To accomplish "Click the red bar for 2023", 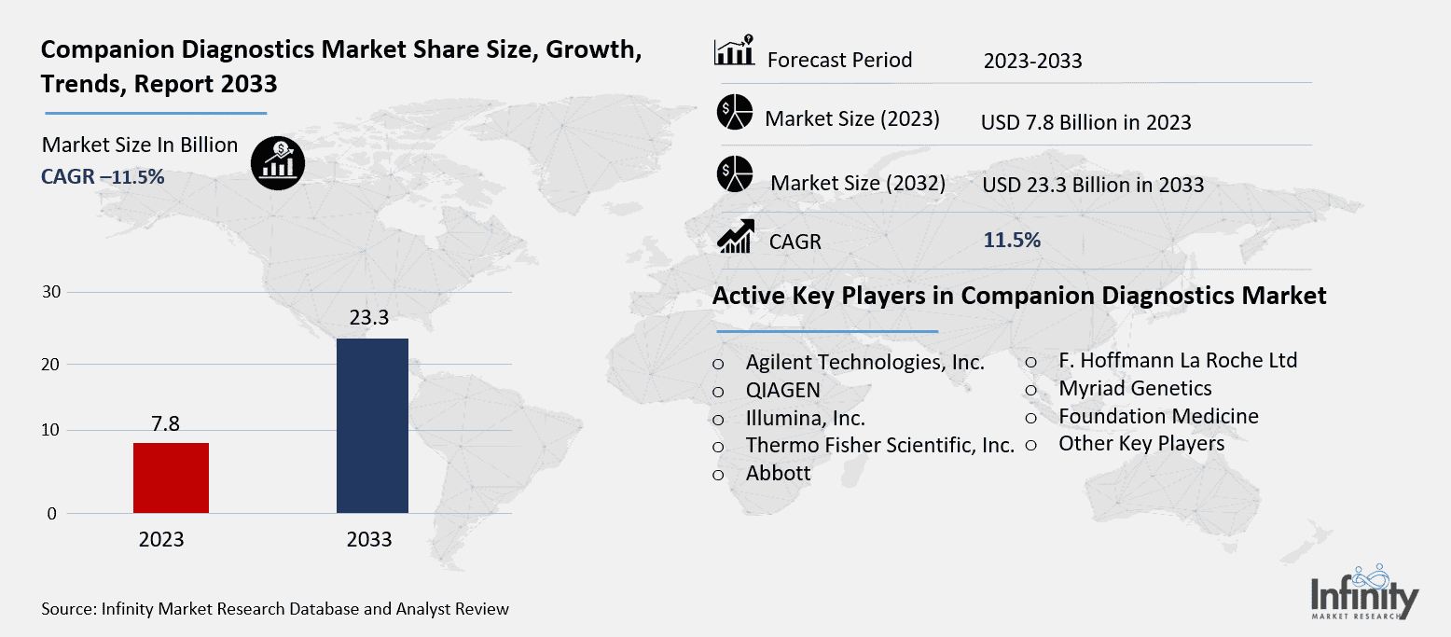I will pos(171,478).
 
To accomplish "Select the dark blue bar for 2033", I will pos(372,425).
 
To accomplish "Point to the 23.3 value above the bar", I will pos(369,318).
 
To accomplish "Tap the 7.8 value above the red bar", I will pos(165,424).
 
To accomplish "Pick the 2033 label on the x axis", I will pos(369,540).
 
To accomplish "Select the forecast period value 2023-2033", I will pos(1032,62).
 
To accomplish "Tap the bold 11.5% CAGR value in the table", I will pos(1012,240).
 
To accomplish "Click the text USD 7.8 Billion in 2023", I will pos(1085,122).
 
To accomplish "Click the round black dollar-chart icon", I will pos(278,162).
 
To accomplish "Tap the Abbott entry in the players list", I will pos(778,474).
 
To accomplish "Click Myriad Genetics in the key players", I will pos(1135,388).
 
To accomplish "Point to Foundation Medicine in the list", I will pos(1158,416).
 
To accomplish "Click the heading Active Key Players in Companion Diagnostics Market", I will pos(1019,296).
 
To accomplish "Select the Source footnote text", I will pos(275,609).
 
